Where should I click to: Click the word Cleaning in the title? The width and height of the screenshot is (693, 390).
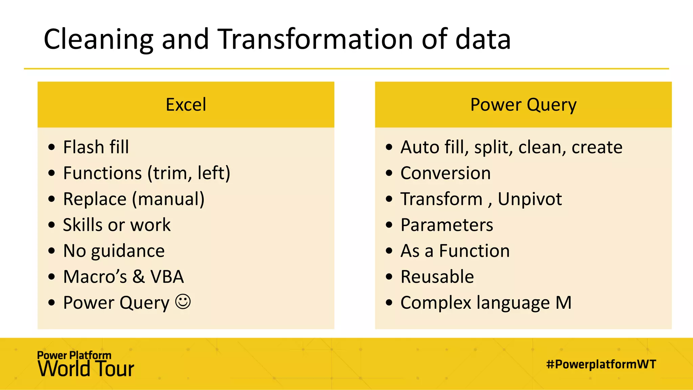point(98,40)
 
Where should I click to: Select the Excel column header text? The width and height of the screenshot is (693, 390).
point(186,105)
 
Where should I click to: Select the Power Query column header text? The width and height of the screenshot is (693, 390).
point(523,105)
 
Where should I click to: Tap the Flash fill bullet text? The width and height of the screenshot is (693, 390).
point(96,147)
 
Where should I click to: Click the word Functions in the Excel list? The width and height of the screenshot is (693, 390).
point(103,173)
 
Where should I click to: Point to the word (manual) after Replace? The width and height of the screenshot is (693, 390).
point(168,199)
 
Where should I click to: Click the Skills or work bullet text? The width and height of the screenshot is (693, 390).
point(117,225)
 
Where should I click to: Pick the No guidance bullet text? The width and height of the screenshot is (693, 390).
point(114,251)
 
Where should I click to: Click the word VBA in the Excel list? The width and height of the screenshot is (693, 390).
point(167,277)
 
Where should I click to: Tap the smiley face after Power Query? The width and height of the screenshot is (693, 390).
point(183,302)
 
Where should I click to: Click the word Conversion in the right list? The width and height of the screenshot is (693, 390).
point(446,173)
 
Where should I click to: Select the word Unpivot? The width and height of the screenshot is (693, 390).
point(530,199)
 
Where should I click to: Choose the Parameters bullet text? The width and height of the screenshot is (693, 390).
point(447,225)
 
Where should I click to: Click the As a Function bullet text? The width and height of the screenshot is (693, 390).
point(455,251)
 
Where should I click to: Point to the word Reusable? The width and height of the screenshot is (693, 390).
point(437,277)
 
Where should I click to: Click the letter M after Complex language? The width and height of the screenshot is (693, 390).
point(563,303)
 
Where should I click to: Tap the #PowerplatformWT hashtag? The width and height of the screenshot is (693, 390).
point(601,364)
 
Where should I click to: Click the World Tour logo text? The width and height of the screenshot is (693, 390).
point(86,369)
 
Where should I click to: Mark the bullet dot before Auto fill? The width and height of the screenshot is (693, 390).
point(389,147)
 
